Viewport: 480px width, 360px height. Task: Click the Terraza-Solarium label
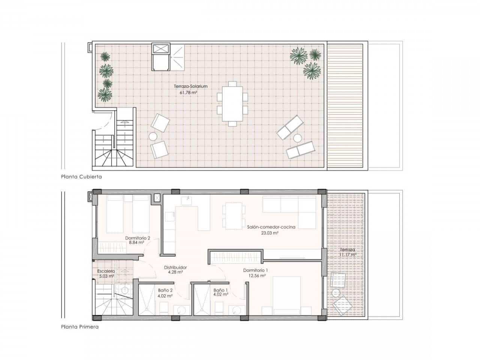tap(190, 86)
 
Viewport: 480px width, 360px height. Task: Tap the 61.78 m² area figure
tap(189, 93)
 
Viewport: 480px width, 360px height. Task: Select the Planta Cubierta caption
tap(81, 177)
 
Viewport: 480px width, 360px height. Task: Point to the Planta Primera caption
tap(80, 327)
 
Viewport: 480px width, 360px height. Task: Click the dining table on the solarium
tap(232, 104)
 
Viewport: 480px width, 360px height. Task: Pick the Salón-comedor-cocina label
tap(271, 227)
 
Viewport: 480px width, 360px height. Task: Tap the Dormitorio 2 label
tap(138, 238)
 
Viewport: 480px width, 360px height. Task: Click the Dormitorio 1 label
tap(255, 270)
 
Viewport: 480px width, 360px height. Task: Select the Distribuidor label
tap(175, 267)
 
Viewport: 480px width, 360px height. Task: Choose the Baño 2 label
tap(165, 290)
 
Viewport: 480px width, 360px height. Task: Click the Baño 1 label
tap(220, 290)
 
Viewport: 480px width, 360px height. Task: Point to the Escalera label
tap(106, 271)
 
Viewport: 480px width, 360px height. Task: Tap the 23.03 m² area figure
tap(270, 233)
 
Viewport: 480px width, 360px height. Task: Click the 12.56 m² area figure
tap(257, 276)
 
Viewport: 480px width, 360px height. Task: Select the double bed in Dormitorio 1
tap(286, 296)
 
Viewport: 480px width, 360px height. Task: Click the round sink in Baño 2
tap(181, 310)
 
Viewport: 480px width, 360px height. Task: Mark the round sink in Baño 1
tap(236, 310)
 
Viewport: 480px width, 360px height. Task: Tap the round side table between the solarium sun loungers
tap(297, 138)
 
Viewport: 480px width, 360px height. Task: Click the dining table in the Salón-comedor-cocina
tap(234, 216)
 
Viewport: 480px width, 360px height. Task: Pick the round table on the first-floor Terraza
tap(336, 293)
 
